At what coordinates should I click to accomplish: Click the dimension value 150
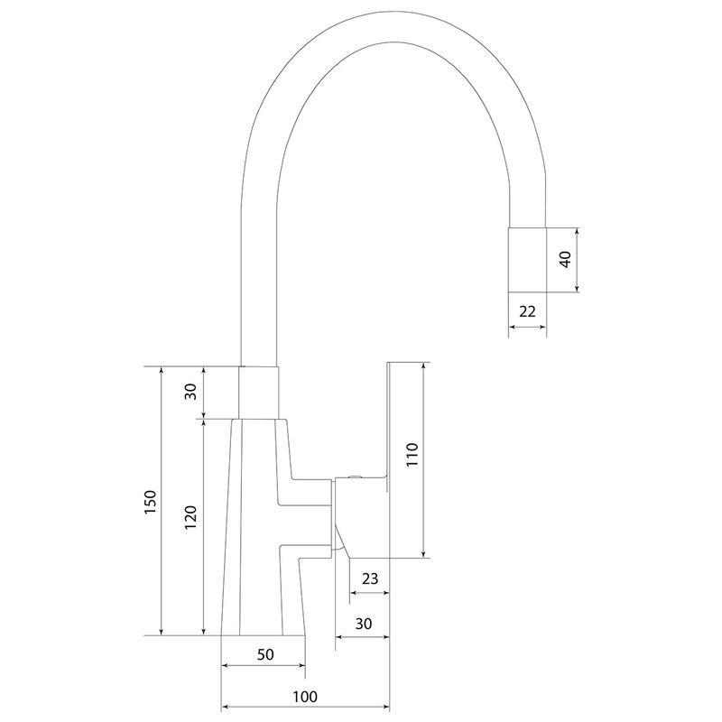click(151, 502)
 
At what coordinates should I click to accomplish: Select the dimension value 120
click(190, 517)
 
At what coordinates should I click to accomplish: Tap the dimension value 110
click(412, 455)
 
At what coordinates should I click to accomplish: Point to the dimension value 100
click(305, 697)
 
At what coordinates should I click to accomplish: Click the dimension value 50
click(265, 654)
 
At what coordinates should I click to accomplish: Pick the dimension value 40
click(565, 259)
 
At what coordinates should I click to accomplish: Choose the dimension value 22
click(527, 311)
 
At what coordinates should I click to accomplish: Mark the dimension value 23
click(370, 579)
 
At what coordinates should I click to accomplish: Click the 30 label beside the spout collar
click(190, 392)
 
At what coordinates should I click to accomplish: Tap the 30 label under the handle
click(364, 624)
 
